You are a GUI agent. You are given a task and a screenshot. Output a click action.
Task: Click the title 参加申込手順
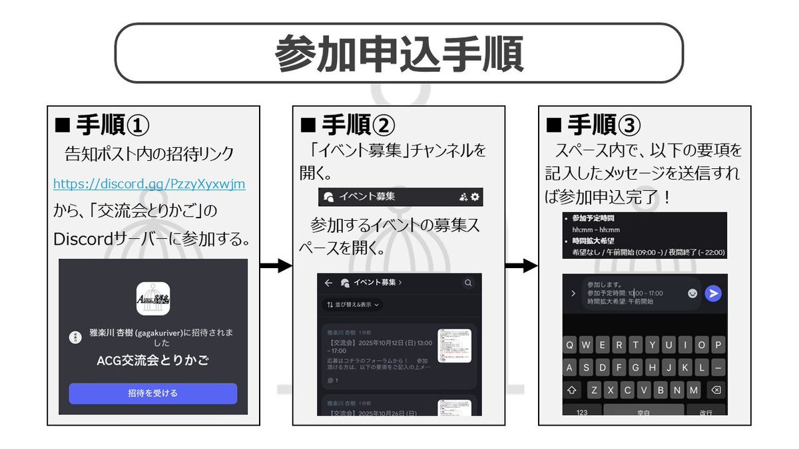(x=399, y=53)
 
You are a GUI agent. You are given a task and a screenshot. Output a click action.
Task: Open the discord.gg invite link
(x=149, y=183)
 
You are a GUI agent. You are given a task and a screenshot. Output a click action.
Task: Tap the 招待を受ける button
(x=153, y=393)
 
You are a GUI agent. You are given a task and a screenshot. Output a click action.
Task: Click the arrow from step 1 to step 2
(x=276, y=266)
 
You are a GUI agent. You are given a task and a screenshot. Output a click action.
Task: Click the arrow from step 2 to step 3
(x=521, y=266)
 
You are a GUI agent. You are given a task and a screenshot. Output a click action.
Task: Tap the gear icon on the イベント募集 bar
(x=475, y=197)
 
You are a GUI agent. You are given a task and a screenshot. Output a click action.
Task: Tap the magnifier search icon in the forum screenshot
(x=469, y=283)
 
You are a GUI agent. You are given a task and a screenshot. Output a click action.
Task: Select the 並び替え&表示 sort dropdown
(x=353, y=305)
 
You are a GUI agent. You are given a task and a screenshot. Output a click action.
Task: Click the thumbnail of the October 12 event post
(x=454, y=345)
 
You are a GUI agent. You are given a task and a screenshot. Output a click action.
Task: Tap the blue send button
(x=713, y=293)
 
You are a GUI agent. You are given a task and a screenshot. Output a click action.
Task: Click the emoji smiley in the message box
(x=693, y=293)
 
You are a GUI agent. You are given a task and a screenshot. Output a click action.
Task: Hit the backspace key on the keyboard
(x=716, y=389)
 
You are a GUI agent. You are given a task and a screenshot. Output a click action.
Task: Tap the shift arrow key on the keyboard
(x=571, y=389)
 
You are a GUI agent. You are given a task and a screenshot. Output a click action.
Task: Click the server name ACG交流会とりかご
(x=153, y=361)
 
